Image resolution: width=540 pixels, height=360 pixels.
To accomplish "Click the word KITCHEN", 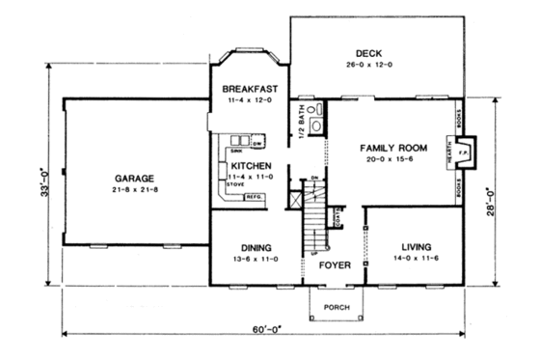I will [251, 165].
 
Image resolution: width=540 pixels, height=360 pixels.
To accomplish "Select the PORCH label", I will [337, 309].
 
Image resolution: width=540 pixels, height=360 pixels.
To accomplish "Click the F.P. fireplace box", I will [462, 152].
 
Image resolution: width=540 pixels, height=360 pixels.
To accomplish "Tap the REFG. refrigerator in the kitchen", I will [256, 197].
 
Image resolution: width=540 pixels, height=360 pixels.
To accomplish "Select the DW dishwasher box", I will [257, 144].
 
